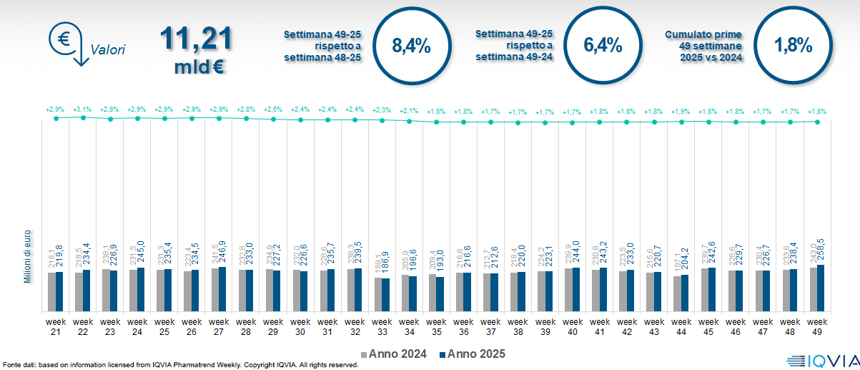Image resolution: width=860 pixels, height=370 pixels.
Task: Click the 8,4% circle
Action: point(411,47)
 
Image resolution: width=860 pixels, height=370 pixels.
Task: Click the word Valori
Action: point(108,50)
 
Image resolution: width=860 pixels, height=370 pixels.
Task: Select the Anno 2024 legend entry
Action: point(395,354)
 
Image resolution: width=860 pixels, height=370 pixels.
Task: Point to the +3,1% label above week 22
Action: point(83,109)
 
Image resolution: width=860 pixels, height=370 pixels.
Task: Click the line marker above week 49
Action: point(817,122)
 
